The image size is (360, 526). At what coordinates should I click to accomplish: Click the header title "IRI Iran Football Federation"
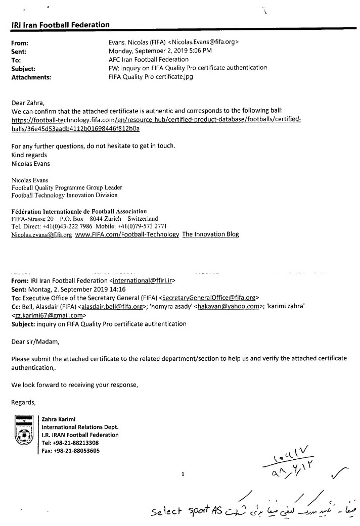click(x=60, y=24)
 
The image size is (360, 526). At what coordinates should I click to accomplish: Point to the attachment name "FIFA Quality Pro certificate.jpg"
click(x=151, y=77)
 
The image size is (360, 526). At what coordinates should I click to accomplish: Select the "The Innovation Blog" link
click(x=210, y=234)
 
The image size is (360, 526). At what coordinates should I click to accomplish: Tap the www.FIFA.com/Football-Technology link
click(x=127, y=234)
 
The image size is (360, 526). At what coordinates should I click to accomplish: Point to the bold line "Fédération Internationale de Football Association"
click(x=79, y=211)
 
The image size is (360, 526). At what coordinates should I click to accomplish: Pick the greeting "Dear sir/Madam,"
click(x=35, y=341)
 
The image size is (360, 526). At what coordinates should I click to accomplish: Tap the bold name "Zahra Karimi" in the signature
click(x=59, y=418)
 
